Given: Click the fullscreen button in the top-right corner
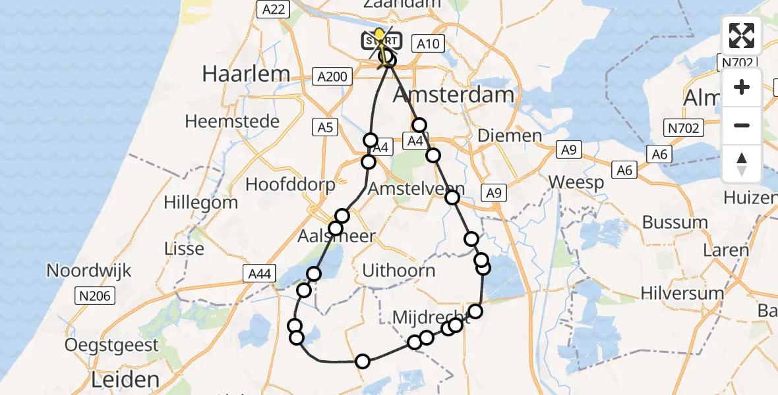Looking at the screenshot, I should pos(742,36).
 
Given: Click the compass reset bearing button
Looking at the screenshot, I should pos(742,164).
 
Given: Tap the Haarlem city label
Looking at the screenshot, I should pos(246,73).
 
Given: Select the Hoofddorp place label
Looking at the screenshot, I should pos(290,184).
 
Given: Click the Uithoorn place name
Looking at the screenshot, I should pos(399,270).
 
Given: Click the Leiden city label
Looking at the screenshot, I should pos(125,379).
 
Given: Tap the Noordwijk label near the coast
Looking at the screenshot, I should pos(89,270).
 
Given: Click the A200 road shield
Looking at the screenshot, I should pos(331,77).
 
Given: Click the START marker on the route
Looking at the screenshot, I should pos(381,41).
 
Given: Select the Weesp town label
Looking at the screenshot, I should pos(575,182).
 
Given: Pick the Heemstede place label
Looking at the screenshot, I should pos(232,121).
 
